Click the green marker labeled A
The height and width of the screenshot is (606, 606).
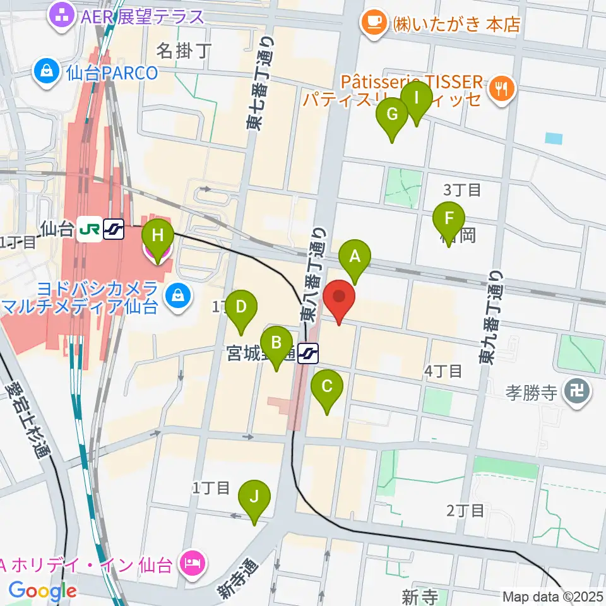355,258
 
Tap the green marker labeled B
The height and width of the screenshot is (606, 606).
276,343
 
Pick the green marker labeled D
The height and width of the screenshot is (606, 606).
241,308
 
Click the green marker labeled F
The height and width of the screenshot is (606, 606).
449,220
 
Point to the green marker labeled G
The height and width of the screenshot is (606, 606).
392,116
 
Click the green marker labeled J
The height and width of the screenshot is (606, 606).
254,497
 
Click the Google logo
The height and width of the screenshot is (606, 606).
42,591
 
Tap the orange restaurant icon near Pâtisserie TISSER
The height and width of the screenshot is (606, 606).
502,89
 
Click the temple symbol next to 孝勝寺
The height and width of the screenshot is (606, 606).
578,393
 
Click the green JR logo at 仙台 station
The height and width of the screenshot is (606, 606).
90,229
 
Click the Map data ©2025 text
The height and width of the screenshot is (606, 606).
553,596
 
